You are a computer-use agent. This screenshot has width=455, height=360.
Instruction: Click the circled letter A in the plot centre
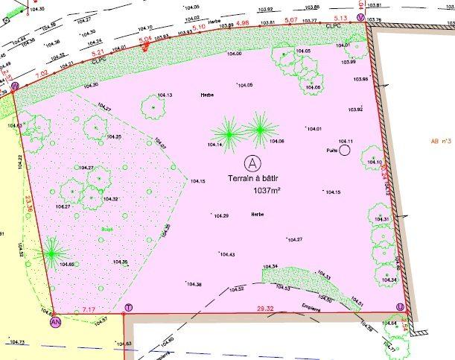(x=254, y=161)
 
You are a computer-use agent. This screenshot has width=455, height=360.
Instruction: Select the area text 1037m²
(x=267, y=191)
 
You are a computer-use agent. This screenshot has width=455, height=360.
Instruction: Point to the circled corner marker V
(x=361, y=17)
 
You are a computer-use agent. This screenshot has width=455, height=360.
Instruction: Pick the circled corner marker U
(x=401, y=307)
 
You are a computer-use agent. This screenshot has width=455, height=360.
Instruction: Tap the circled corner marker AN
(x=54, y=322)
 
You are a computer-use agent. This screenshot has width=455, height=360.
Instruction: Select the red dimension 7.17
(x=89, y=309)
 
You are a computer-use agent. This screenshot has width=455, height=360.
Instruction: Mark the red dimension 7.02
(x=42, y=72)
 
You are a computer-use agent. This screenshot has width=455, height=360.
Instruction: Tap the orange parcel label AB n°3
(x=441, y=140)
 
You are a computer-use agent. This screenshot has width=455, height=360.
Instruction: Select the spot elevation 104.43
(x=226, y=255)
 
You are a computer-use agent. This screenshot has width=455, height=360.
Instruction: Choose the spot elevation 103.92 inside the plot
(x=355, y=110)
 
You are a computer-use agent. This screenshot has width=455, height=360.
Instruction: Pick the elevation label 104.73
(x=16, y=342)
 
